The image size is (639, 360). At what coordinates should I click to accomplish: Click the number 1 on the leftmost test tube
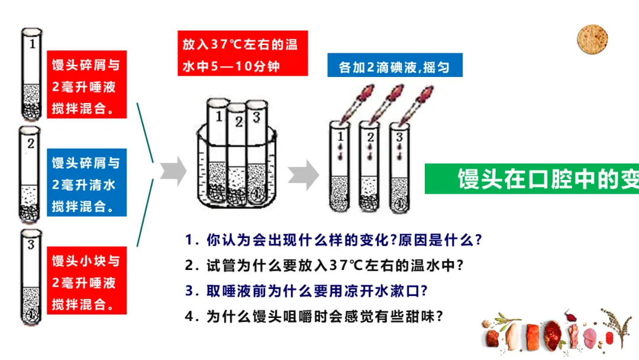click(33, 44)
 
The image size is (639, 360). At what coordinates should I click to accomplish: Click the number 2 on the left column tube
click(31, 143)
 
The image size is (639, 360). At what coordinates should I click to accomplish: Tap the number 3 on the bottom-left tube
click(31, 245)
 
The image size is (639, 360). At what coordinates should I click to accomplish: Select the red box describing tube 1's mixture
click(87, 85)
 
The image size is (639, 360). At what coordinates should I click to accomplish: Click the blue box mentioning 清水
click(87, 182)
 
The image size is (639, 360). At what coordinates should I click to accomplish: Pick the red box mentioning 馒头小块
click(87, 281)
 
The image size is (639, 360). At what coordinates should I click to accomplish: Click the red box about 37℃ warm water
click(243, 53)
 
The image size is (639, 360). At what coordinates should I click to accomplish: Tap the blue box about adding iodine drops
click(395, 65)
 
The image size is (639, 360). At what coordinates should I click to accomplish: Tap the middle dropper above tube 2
click(386, 104)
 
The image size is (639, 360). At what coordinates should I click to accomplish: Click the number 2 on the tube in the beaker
click(239, 121)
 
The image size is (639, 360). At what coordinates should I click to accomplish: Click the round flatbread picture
click(592, 39)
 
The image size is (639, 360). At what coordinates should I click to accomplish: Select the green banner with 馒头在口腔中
click(532, 179)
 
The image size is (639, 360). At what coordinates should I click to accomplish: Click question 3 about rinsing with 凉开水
click(306, 291)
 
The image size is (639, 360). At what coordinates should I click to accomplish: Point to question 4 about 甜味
click(314, 316)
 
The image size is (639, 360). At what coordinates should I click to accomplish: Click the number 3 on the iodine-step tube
click(399, 137)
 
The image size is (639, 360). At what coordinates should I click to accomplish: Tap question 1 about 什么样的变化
click(333, 240)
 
